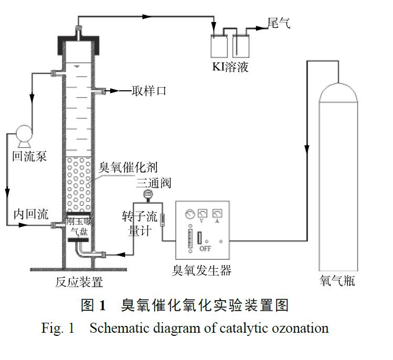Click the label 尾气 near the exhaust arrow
point(278,24)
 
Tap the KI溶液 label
point(230,67)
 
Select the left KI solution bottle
point(219,46)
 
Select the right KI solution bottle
point(241,46)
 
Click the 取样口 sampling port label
point(148,91)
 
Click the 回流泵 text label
point(30,156)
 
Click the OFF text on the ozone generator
point(205,248)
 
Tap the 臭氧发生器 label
point(201,271)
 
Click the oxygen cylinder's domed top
point(338,91)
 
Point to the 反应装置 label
point(79,282)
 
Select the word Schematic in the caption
point(114,329)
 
